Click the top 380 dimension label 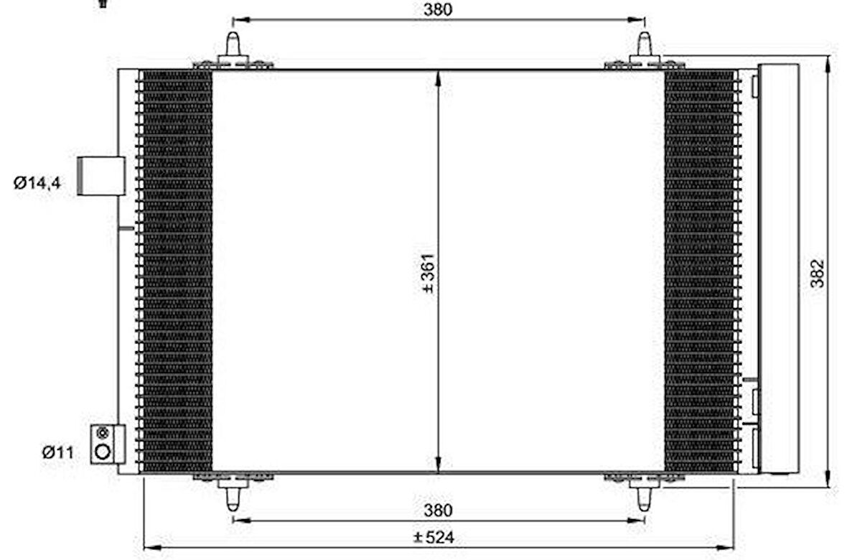point(438,10)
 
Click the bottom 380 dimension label point(438,510)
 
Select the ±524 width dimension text point(434,537)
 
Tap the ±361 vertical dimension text point(428,273)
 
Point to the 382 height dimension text point(818,273)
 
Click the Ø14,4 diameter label point(37,182)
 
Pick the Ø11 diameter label point(58,452)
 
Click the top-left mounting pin point(233,46)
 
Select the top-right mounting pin point(645,46)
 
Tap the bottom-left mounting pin point(233,495)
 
